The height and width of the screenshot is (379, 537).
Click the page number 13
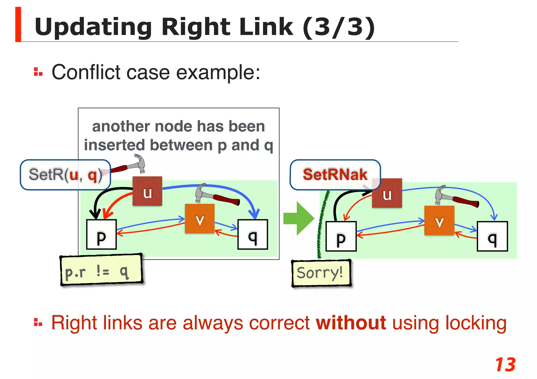point(505,365)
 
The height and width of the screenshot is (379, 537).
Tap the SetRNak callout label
point(335,174)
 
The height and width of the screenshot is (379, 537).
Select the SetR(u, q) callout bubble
point(65,175)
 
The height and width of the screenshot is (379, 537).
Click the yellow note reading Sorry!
point(321,273)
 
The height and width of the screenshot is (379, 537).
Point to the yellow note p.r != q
point(101,270)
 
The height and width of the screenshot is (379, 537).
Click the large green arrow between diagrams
point(299,218)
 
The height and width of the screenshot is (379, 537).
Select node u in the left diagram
point(147,191)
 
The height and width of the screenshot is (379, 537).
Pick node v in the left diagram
point(200,218)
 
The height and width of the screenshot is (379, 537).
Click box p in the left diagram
point(101,234)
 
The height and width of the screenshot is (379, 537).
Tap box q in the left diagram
point(253,234)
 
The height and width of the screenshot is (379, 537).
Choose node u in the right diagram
point(387,193)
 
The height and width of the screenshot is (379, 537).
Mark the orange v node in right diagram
point(439,220)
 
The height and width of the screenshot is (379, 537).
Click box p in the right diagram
point(341,236)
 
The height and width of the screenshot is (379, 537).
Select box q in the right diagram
point(492,236)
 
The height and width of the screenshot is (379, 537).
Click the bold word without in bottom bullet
point(351,323)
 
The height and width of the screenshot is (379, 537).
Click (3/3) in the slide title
point(339,27)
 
